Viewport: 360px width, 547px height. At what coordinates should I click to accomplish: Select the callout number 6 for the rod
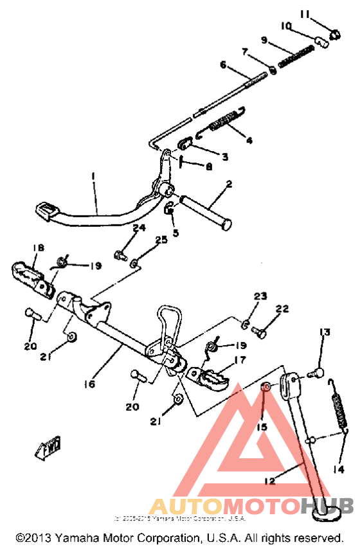[x=223, y=64]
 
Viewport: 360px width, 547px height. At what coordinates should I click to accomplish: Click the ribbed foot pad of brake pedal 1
[x=48, y=209]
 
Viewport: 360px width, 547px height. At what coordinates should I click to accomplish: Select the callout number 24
[x=139, y=228]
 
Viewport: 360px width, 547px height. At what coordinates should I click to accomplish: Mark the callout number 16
[x=88, y=384]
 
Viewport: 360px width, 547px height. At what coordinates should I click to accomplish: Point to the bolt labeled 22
[x=260, y=332]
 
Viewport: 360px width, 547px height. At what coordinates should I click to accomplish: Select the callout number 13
[x=325, y=332]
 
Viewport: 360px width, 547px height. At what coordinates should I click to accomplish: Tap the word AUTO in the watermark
[x=176, y=506]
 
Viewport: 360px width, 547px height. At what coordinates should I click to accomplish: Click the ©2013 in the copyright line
[x=33, y=537]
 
